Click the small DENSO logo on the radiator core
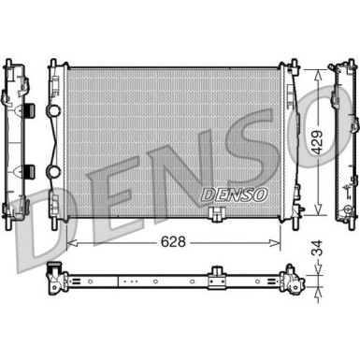coord(234,194)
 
